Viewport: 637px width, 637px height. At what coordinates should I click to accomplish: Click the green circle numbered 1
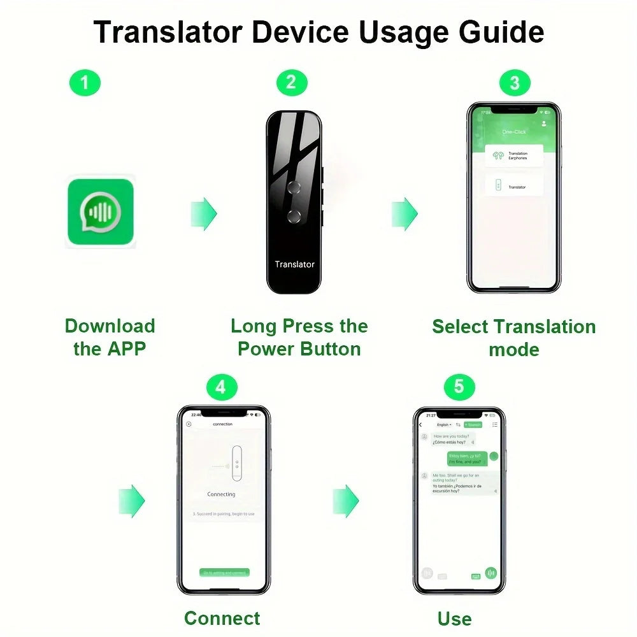(x=85, y=82)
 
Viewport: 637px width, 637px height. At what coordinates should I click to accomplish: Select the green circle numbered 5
(x=459, y=387)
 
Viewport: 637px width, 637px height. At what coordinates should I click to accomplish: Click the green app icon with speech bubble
(x=101, y=212)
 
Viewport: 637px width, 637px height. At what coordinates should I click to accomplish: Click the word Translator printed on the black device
(x=294, y=264)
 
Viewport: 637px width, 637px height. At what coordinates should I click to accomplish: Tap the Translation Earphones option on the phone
(x=514, y=155)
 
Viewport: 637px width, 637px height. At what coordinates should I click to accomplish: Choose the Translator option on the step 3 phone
(x=514, y=187)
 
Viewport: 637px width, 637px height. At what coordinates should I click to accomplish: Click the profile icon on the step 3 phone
(x=544, y=123)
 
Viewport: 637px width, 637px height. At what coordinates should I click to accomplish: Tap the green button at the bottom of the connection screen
(x=224, y=572)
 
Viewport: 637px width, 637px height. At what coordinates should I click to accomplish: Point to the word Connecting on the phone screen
(x=221, y=494)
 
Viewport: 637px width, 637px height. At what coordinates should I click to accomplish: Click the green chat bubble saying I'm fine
(x=468, y=459)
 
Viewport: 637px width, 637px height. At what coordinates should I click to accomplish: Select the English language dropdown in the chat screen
(x=444, y=424)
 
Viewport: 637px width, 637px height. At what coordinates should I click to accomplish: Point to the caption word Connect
(x=222, y=618)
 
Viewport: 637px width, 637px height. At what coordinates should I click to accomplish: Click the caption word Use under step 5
(x=454, y=618)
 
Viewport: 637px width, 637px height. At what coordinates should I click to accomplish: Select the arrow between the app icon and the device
(x=204, y=213)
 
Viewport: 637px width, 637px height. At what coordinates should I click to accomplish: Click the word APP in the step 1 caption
(x=126, y=349)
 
